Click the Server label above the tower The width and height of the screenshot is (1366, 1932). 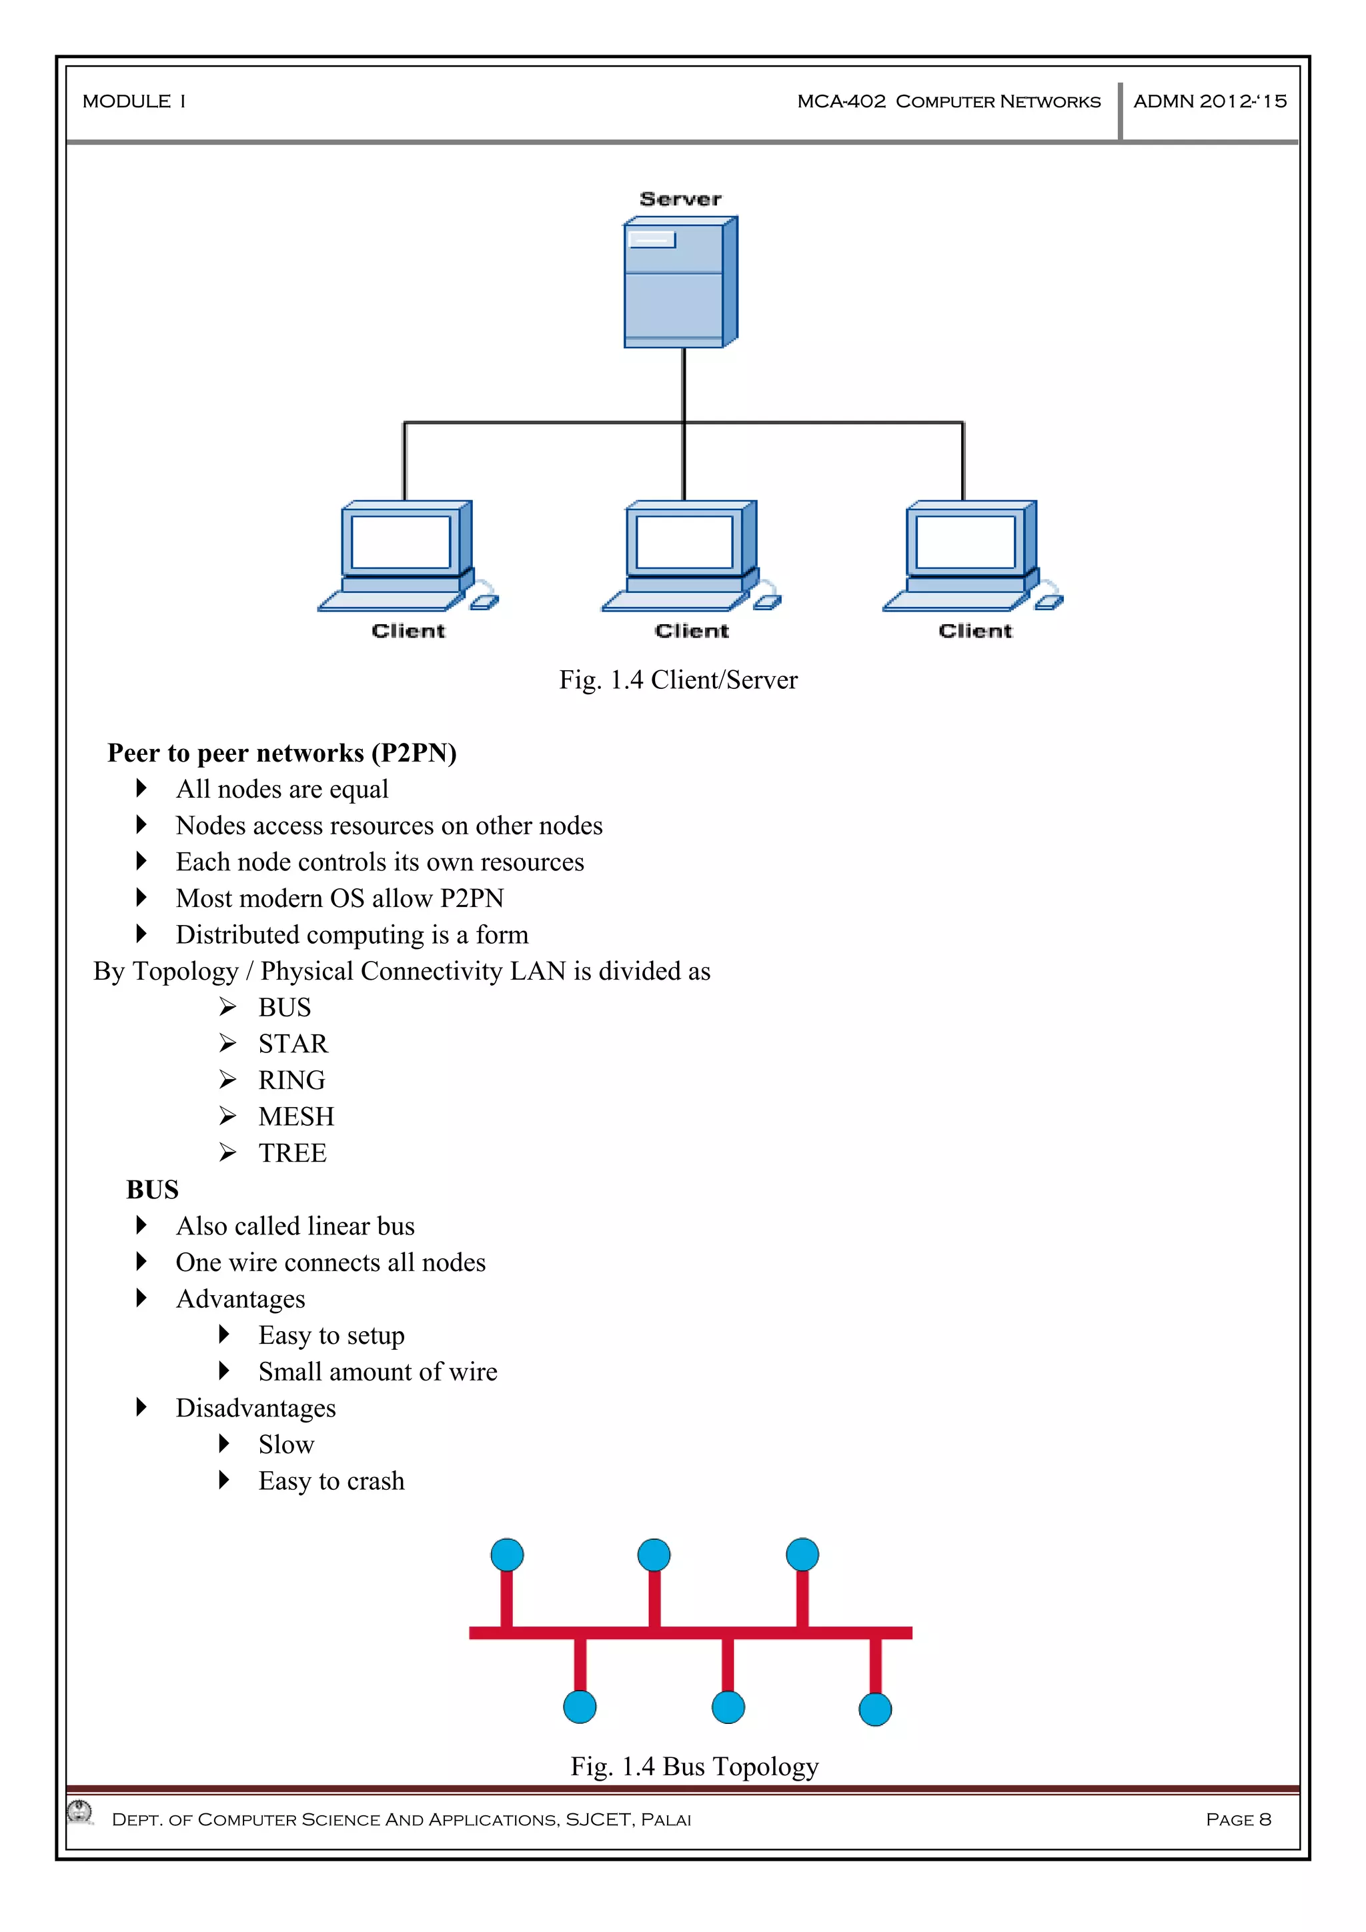(680, 199)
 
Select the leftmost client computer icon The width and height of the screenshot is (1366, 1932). (406, 556)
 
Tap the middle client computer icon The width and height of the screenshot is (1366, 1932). (690, 556)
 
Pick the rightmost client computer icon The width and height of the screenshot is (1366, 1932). (971, 556)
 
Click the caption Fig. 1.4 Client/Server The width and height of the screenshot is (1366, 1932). (678, 680)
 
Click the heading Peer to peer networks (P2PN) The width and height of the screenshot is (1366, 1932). (282, 752)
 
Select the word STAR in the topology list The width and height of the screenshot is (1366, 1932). (293, 1044)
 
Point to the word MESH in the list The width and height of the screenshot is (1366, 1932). (296, 1116)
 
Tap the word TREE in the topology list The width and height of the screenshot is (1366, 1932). (292, 1153)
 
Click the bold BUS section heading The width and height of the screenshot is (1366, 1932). (152, 1190)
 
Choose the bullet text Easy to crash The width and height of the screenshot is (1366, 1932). (331, 1481)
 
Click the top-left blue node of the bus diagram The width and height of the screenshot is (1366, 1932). (507, 1554)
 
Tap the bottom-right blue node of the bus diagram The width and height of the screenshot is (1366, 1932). (874, 1709)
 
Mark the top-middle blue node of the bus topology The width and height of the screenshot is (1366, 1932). (654, 1554)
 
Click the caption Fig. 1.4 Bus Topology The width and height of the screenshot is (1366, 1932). (694, 1765)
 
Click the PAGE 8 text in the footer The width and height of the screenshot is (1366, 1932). (1237, 1819)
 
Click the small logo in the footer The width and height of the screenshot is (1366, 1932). (81, 1812)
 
